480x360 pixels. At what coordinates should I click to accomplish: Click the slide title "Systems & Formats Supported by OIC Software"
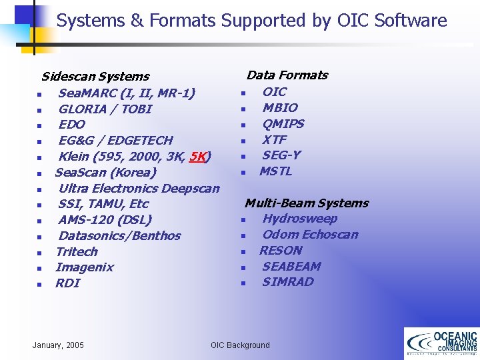(x=251, y=21)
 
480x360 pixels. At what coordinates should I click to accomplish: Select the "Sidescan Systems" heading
(x=95, y=77)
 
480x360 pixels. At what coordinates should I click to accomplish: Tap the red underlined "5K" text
(x=198, y=157)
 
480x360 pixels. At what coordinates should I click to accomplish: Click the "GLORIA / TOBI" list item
(x=105, y=109)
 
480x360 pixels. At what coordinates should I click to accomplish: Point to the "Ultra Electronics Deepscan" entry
(x=139, y=188)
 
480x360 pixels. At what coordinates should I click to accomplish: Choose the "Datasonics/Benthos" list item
(x=119, y=235)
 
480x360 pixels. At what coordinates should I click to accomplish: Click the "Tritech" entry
(x=77, y=251)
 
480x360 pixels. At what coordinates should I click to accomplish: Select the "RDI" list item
(x=68, y=283)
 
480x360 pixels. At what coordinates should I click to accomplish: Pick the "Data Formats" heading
(x=287, y=75)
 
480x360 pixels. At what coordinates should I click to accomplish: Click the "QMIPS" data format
(x=283, y=123)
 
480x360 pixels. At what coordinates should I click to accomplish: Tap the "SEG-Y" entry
(x=281, y=155)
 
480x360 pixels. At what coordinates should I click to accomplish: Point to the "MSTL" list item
(x=275, y=171)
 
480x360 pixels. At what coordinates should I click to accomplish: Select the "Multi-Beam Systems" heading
(x=306, y=203)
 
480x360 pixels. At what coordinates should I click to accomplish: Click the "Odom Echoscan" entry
(x=310, y=234)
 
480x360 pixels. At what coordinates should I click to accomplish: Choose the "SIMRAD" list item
(x=287, y=281)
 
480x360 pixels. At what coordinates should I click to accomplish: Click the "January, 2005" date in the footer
(x=58, y=345)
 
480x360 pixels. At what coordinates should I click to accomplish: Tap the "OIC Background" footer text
(x=240, y=345)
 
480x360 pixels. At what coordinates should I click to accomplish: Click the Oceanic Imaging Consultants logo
(x=441, y=343)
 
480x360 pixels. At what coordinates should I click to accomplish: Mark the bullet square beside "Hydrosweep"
(x=244, y=219)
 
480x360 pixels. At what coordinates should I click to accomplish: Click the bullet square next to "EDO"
(x=40, y=125)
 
